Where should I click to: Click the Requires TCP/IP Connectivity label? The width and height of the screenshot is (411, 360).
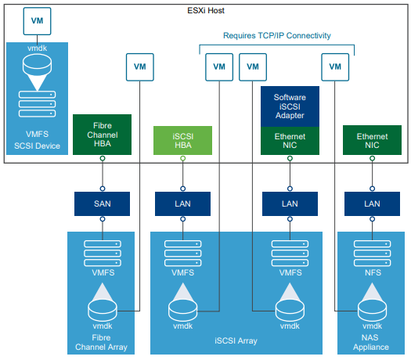tap(277, 35)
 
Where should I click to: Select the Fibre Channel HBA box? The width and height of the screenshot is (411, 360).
tap(102, 135)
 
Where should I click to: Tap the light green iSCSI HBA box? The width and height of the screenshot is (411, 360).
tap(183, 140)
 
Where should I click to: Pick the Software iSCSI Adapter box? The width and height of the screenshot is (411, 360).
tap(290, 106)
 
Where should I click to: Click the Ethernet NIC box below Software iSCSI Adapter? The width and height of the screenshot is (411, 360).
tap(290, 140)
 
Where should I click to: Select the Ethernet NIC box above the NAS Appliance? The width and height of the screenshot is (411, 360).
tap(372, 140)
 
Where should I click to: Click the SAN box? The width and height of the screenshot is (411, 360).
tap(102, 203)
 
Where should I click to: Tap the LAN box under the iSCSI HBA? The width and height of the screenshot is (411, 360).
tap(183, 203)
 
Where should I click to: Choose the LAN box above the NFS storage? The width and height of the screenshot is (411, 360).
tap(372, 203)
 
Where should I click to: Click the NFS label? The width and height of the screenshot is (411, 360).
tap(372, 273)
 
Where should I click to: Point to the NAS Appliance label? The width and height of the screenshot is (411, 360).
tap(372, 341)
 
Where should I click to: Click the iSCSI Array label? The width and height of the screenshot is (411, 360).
tap(236, 341)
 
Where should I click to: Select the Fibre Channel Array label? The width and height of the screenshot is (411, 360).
tap(102, 341)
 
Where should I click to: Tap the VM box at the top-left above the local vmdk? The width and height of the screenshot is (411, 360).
tap(38, 22)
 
